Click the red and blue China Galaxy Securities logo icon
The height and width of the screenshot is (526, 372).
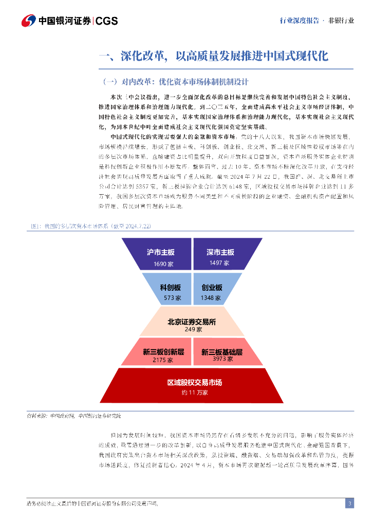(29, 21)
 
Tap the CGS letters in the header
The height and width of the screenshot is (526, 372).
(107, 21)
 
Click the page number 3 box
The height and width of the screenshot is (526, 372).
(349, 503)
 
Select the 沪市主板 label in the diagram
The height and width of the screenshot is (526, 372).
(161, 252)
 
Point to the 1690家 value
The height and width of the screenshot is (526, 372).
(163, 264)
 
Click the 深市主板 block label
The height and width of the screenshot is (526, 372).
(220, 252)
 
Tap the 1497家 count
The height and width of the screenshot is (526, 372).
(219, 263)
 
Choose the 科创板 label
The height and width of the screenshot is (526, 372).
(170, 288)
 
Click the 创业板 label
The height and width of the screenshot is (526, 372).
(212, 288)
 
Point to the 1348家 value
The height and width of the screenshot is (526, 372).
(211, 298)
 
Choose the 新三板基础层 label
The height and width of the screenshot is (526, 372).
(221, 352)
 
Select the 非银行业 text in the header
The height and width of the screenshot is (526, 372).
(341, 21)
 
